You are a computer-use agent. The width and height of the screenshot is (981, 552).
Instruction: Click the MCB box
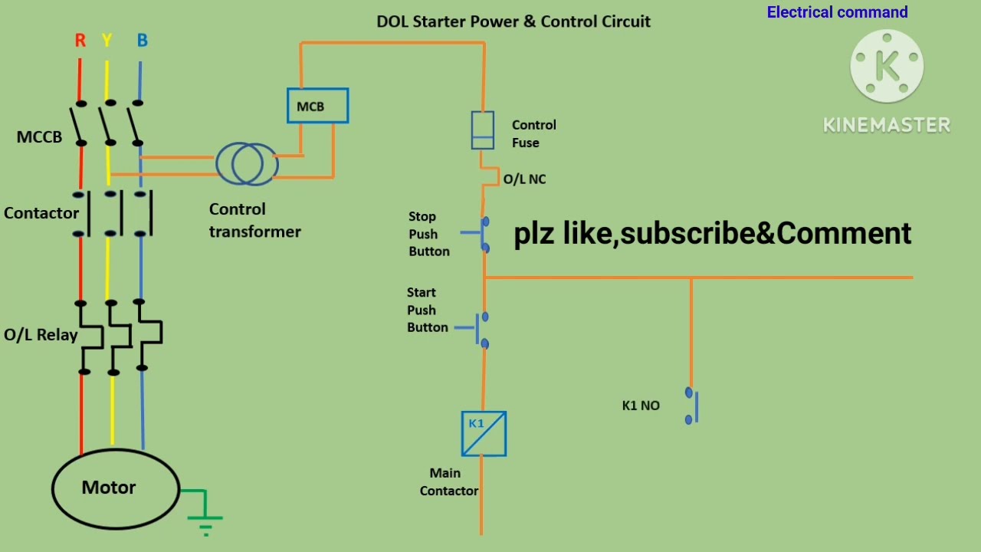[x=317, y=107]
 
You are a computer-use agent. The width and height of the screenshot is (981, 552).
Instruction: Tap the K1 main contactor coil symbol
[x=484, y=434]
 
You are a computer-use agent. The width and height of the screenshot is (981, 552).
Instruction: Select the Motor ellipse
[x=115, y=488]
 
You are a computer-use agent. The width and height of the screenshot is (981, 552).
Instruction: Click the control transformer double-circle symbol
[x=248, y=163]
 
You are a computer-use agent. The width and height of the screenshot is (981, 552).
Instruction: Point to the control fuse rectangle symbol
[x=482, y=130]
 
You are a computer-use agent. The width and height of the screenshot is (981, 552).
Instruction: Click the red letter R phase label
[x=80, y=41]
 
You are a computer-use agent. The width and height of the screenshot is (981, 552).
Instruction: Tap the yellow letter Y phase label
[x=107, y=41]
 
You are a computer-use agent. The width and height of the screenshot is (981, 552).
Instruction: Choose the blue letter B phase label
[x=142, y=41]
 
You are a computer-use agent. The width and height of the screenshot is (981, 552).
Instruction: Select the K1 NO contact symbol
[x=692, y=406]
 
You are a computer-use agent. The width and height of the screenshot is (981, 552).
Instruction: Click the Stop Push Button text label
[x=428, y=234]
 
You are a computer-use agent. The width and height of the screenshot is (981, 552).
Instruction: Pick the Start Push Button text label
[x=427, y=310]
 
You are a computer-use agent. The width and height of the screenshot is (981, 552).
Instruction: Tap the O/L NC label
[x=524, y=179]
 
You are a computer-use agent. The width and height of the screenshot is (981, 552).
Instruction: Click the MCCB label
[x=39, y=137]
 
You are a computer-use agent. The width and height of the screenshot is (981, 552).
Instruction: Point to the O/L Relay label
[x=41, y=335]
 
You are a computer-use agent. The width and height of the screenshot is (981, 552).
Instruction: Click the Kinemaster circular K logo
[x=887, y=67]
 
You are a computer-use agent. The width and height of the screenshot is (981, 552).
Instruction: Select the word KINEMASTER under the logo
[x=887, y=125]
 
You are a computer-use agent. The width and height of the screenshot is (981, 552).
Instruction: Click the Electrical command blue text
[x=837, y=12]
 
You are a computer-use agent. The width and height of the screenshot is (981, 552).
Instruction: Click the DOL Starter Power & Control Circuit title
[x=513, y=21]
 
